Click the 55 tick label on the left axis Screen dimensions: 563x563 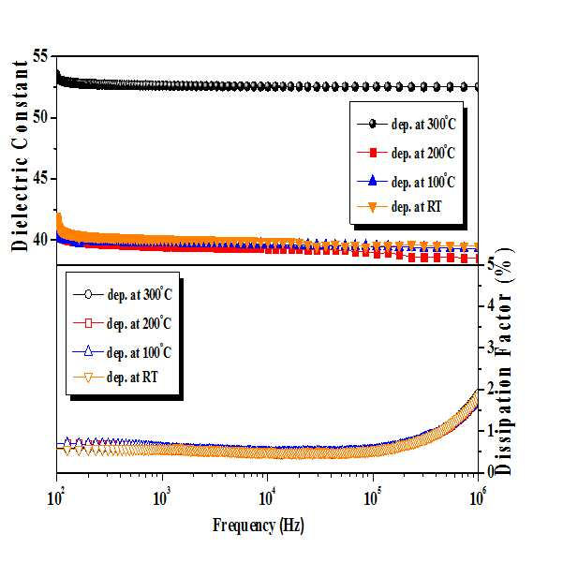point(40,56)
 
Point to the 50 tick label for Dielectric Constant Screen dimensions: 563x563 point(40,117)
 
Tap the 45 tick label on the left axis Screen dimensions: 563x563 point(40,178)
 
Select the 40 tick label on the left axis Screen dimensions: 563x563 point(40,240)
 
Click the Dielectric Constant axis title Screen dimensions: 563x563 point(20,156)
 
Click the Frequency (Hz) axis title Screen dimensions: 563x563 point(259,526)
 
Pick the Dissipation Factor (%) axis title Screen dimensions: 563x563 point(504,362)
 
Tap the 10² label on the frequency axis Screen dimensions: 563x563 point(55,498)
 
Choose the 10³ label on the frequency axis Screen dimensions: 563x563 point(161,498)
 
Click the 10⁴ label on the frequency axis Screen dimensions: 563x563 point(267,498)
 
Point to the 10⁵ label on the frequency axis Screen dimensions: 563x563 point(373,498)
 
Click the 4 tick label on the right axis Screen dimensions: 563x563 point(491,305)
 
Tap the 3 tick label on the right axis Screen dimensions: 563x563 point(491,348)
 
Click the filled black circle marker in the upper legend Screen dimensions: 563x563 point(373,125)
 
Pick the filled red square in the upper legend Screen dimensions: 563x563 point(373,153)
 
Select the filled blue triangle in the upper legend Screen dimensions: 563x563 point(373,180)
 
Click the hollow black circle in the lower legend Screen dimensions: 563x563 point(88,295)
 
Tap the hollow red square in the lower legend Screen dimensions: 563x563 point(88,323)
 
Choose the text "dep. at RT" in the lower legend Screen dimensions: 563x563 point(132,378)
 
